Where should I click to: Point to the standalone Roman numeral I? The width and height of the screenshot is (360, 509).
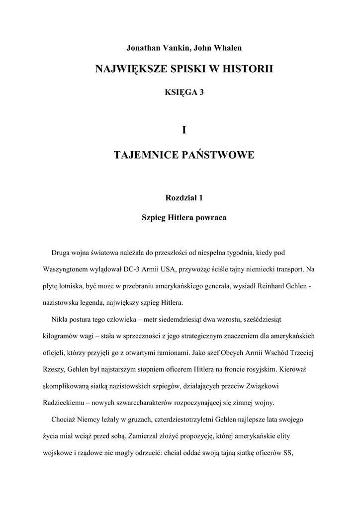[x=184, y=130]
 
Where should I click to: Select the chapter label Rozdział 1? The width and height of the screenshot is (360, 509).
[x=184, y=198]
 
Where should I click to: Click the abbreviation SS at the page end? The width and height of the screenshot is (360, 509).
[x=287, y=454]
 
